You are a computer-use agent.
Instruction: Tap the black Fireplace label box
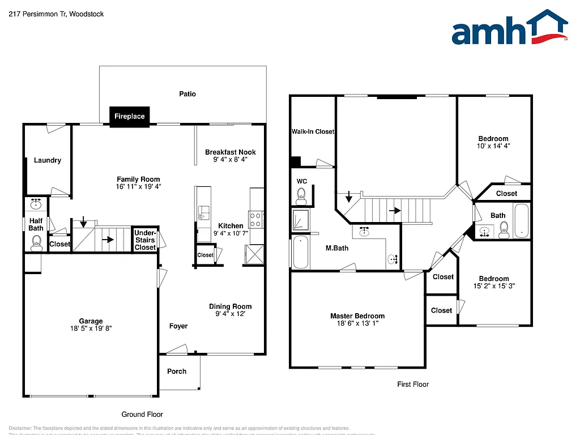coord(130,117)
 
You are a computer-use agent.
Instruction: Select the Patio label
coord(187,94)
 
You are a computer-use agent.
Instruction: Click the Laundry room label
coord(48,160)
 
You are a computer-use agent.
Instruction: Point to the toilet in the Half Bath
coord(36,243)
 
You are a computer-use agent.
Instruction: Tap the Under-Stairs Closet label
coord(145,240)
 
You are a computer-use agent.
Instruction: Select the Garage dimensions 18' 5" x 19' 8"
coord(91,329)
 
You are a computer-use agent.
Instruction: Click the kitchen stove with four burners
coord(257,219)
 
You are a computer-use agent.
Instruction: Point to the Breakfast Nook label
coord(231,152)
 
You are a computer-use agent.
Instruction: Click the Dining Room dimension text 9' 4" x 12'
coord(230,314)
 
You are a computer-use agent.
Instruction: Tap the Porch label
coord(177,372)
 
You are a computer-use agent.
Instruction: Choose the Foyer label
coord(178,326)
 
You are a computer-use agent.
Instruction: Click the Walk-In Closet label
coord(313,131)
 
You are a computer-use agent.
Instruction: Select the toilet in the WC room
coord(301,197)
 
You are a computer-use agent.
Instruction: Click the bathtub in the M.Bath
coord(300,253)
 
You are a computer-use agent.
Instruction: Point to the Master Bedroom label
coord(357,316)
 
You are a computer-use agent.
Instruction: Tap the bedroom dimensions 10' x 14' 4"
coord(493,146)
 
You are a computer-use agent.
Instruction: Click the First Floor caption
coord(413,385)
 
